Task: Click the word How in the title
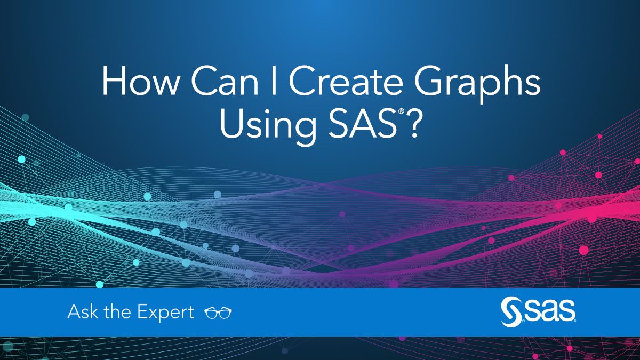click(x=140, y=81)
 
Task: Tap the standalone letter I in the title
click(x=274, y=81)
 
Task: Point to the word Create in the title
click(x=346, y=81)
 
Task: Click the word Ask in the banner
click(x=83, y=311)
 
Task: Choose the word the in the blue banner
click(x=117, y=311)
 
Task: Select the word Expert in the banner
click(x=166, y=313)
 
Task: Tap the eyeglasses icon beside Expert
click(x=218, y=313)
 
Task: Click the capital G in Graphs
click(x=429, y=81)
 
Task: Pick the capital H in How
click(x=114, y=81)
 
